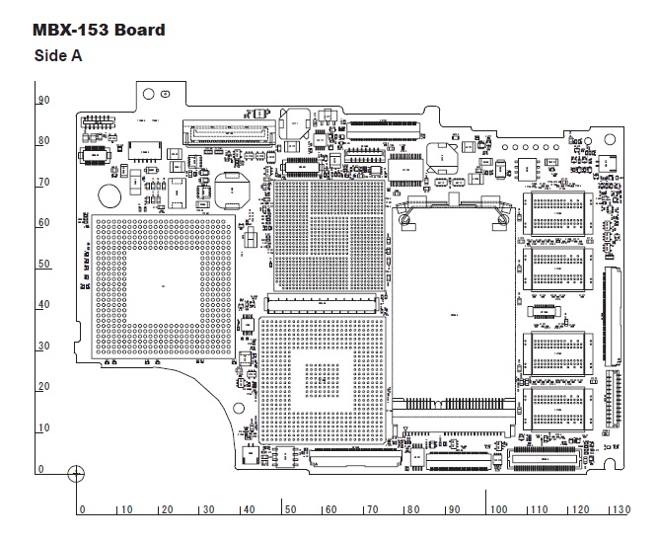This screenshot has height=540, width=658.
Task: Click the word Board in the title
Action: click(139, 30)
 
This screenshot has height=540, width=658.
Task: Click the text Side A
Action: click(57, 56)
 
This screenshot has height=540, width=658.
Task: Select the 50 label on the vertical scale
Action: click(43, 265)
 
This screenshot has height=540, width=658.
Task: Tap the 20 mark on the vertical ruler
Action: click(43, 387)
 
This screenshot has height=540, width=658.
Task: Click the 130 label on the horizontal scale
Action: click(620, 509)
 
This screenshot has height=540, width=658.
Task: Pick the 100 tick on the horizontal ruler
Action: click(499, 509)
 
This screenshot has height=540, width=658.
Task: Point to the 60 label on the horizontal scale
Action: click(331, 509)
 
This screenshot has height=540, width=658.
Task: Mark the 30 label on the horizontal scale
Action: click(207, 509)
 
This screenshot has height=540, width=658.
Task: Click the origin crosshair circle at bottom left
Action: click(75, 473)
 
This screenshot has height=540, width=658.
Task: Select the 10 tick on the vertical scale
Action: click(43, 427)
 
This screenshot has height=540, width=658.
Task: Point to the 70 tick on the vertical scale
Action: click(43, 183)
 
